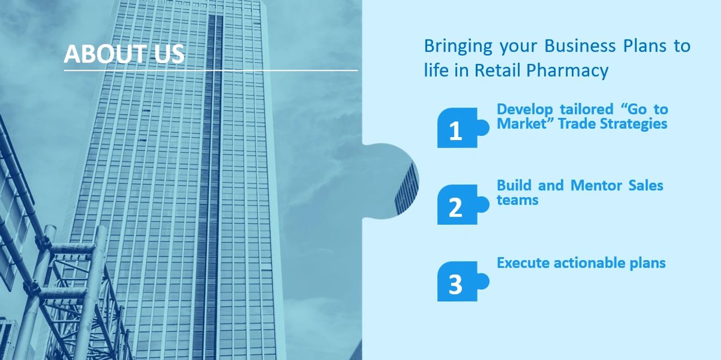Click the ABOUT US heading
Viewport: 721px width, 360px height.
point(124,54)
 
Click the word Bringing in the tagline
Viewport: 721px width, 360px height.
point(458,46)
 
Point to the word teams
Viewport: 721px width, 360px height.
point(517,200)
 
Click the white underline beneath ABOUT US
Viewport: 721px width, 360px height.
point(211,70)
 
